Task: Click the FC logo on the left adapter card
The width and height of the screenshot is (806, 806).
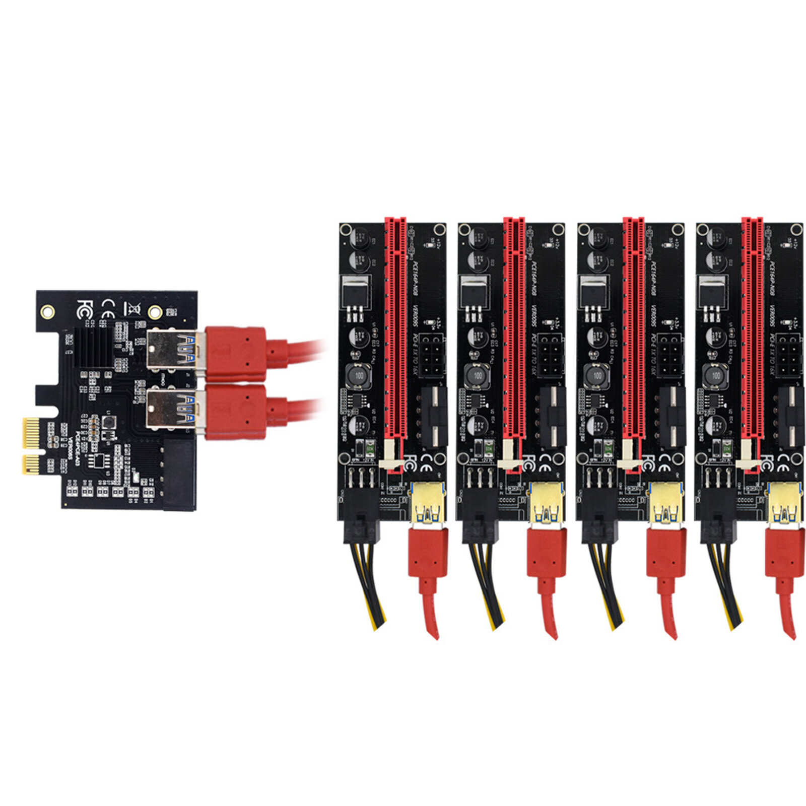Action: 84,308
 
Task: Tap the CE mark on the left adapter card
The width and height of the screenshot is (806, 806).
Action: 108,307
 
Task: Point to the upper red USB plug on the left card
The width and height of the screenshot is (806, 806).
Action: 236,354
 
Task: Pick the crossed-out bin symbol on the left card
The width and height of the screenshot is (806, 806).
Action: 132,307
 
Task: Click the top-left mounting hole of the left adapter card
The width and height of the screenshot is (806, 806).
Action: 48,311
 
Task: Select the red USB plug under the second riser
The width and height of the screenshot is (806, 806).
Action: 547,552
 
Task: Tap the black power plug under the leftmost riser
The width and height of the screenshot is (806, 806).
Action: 362,524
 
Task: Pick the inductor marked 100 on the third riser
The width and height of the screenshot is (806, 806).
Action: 596,375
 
